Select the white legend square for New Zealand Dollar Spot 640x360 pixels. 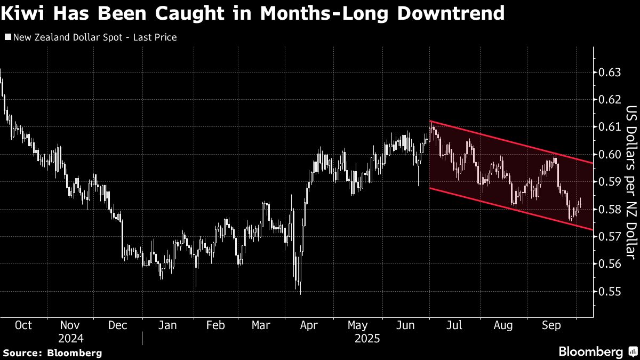click(7, 37)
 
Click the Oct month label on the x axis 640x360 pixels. click(23, 325)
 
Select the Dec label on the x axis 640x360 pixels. click(117, 325)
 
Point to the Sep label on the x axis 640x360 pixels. click(551, 325)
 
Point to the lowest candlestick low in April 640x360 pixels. click(301, 294)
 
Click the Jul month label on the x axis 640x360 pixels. click(455, 325)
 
